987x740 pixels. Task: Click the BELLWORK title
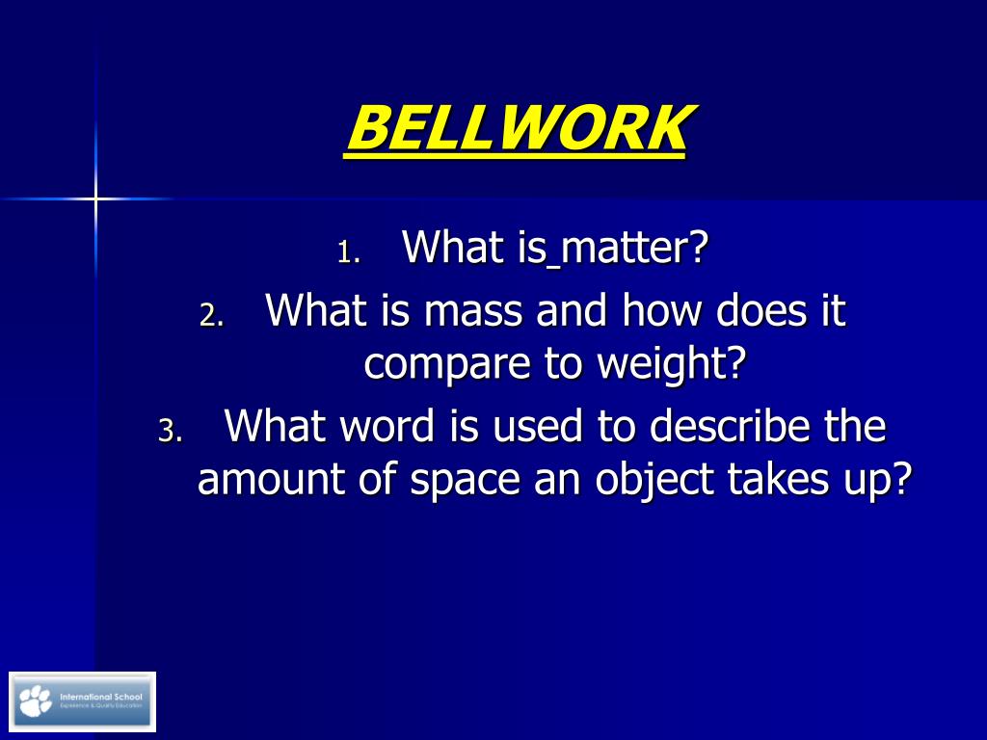coord(517,129)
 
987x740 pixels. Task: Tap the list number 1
coord(348,253)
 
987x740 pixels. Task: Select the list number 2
coord(211,316)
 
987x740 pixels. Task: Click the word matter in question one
coord(635,249)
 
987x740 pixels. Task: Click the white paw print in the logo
coord(36,700)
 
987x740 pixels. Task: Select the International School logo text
coord(100,696)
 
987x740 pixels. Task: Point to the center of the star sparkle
coord(95,198)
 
